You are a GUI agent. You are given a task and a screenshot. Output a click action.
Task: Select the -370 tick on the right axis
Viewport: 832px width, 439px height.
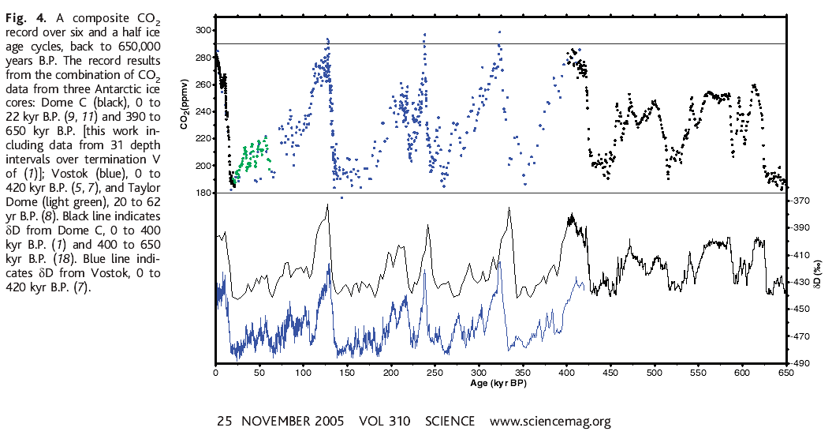(800, 201)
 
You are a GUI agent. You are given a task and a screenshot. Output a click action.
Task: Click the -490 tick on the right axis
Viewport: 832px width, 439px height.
(800, 364)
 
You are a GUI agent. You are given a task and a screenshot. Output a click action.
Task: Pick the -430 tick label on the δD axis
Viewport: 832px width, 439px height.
(800, 282)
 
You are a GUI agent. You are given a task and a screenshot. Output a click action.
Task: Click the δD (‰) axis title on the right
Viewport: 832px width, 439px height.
(822, 282)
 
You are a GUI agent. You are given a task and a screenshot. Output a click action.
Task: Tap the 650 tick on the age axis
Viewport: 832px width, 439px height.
(785, 373)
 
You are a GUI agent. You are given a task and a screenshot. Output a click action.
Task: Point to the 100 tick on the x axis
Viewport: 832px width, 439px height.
(303, 373)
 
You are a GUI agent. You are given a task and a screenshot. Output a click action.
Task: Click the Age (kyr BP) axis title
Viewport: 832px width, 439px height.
(499, 384)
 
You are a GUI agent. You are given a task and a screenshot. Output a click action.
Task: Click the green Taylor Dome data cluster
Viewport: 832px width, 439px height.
(254, 157)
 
